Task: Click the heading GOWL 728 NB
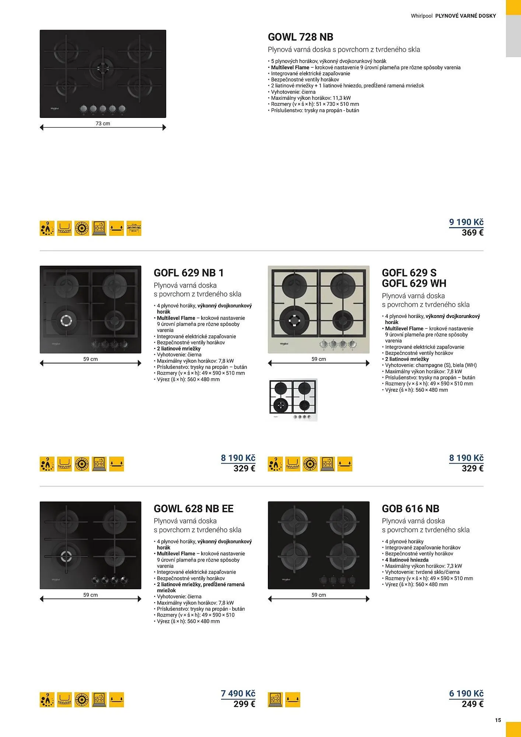(x=300, y=37)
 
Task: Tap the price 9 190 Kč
(x=466, y=222)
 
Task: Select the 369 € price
(x=472, y=233)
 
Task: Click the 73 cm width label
(x=103, y=123)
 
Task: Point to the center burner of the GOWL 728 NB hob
(x=103, y=67)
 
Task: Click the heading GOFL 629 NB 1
(x=189, y=273)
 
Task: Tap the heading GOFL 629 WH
(x=414, y=283)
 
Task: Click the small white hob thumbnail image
(x=293, y=400)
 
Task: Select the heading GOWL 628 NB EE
(x=193, y=509)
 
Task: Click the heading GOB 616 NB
(x=410, y=509)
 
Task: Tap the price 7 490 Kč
(x=238, y=694)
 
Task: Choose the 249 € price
(x=472, y=704)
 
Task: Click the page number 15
(x=498, y=720)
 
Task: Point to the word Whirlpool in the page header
(x=422, y=16)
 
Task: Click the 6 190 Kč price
(x=466, y=694)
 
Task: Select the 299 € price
(x=244, y=704)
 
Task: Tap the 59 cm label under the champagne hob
(x=319, y=359)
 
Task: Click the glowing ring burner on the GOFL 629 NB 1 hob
(x=66, y=321)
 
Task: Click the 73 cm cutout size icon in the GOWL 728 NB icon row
(x=134, y=228)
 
